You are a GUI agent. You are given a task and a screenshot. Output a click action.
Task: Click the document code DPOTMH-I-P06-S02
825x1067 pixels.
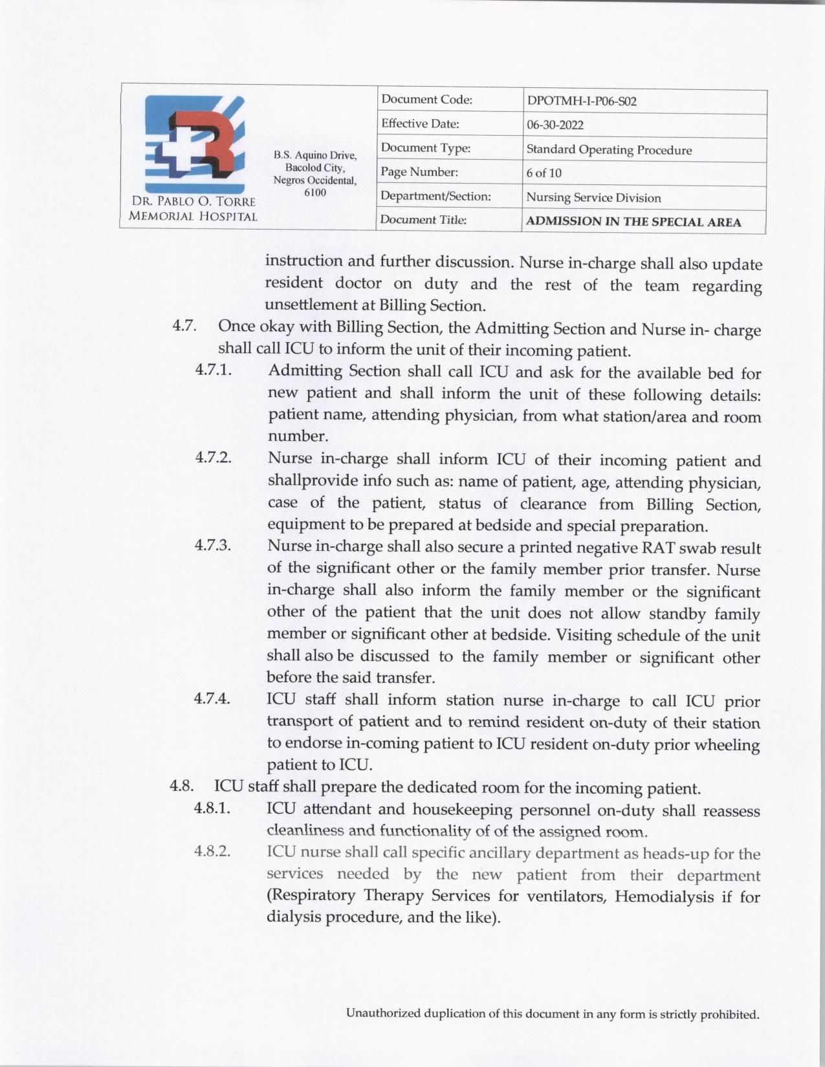[x=582, y=102]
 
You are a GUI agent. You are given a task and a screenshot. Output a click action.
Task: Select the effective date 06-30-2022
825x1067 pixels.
[x=555, y=125]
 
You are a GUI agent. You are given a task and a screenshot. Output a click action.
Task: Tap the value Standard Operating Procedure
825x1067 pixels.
[x=609, y=150]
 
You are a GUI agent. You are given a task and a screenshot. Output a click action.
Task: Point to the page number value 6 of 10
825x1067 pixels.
[x=544, y=173]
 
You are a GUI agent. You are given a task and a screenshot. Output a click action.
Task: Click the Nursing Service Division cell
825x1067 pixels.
[x=593, y=198]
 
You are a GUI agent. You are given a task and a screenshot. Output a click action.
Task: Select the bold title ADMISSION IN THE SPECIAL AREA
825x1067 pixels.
[x=633, y=222]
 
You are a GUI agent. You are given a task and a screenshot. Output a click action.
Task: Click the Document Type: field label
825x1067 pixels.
[x=425, y=148]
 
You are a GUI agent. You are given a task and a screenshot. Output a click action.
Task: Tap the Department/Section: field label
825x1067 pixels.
[x=435, y=196]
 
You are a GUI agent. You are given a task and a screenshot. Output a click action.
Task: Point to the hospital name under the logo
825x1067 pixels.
[x=193, y=209]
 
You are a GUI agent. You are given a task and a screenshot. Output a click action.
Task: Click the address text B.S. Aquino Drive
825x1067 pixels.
[x=314, y=155]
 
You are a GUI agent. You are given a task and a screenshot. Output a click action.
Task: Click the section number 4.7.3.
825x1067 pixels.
[x=213, y=545]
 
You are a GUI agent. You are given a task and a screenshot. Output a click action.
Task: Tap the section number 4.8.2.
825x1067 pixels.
[x=213, y=851]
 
